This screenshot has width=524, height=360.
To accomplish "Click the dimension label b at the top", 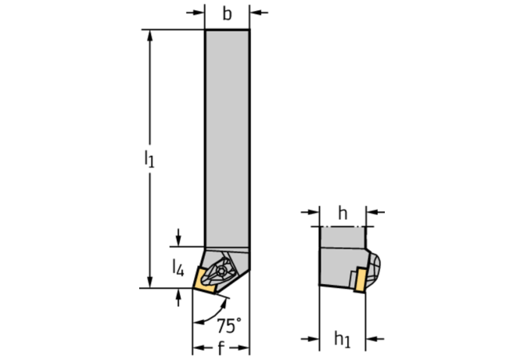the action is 227,14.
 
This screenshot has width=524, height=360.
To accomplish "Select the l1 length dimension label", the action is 149,159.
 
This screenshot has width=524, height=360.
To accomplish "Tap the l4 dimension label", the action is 178,268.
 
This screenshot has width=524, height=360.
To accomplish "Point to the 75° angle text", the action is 229,326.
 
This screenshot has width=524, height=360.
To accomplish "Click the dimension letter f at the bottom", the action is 221,348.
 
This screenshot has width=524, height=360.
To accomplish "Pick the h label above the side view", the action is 343,213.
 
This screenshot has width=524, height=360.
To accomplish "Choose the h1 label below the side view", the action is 343,339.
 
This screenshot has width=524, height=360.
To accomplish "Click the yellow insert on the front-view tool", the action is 203,281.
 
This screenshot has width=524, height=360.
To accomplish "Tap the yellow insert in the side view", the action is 361,279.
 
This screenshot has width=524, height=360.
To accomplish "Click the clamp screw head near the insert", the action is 221,270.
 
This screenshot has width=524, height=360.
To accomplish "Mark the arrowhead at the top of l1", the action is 149,35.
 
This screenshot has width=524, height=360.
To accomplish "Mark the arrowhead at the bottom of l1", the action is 149,282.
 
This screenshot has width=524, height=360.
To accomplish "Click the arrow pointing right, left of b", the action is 196,13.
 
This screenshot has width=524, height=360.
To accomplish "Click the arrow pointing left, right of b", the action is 259,13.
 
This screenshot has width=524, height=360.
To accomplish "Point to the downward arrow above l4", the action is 178,237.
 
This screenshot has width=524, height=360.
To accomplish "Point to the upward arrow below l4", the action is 178,297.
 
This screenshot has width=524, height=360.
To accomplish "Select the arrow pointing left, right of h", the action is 375,212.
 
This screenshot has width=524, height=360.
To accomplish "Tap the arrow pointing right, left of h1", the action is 310,339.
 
